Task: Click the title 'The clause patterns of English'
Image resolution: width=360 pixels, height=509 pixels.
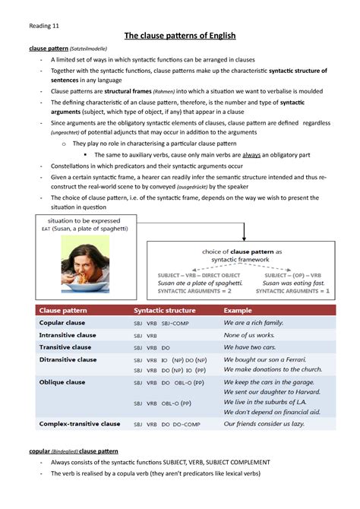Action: [x=180, y=36]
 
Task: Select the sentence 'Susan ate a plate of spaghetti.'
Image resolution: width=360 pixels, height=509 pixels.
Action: [x=199, y=282]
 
